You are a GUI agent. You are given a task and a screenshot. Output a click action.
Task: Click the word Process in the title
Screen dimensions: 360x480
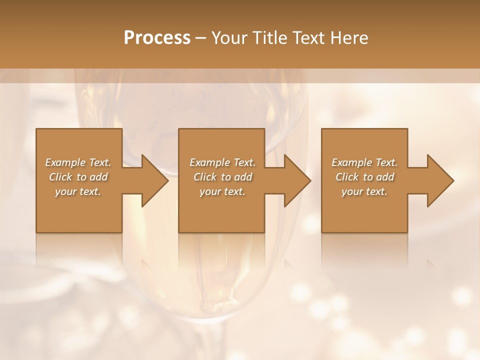click(157, 38)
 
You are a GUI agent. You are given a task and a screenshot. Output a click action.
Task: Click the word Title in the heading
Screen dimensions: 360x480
click(270, 38)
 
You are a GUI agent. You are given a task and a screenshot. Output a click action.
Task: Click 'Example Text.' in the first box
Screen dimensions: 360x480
click(78, 162)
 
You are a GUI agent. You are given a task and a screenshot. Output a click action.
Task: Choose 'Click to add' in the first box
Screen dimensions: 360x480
click(78, 177)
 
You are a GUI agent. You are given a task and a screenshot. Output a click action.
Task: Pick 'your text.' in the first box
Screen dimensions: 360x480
click(78, 191)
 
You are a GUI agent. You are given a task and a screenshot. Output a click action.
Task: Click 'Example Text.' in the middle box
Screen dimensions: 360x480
click(222, 162)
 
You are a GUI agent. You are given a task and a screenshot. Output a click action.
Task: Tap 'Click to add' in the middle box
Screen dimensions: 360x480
click(222, 177)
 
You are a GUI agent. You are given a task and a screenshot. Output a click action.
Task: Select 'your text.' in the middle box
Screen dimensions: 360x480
click(222, 191)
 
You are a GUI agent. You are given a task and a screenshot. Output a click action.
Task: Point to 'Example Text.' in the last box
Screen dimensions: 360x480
click(364, 162)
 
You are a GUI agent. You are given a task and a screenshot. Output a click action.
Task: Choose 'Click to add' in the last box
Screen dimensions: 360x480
click(364, 177)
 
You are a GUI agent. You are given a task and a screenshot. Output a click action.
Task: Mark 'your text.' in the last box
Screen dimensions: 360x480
click(364, 191)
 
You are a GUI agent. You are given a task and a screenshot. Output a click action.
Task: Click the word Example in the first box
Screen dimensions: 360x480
click(64, 162)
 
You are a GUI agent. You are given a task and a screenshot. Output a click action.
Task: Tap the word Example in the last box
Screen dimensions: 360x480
click(351, 162)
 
